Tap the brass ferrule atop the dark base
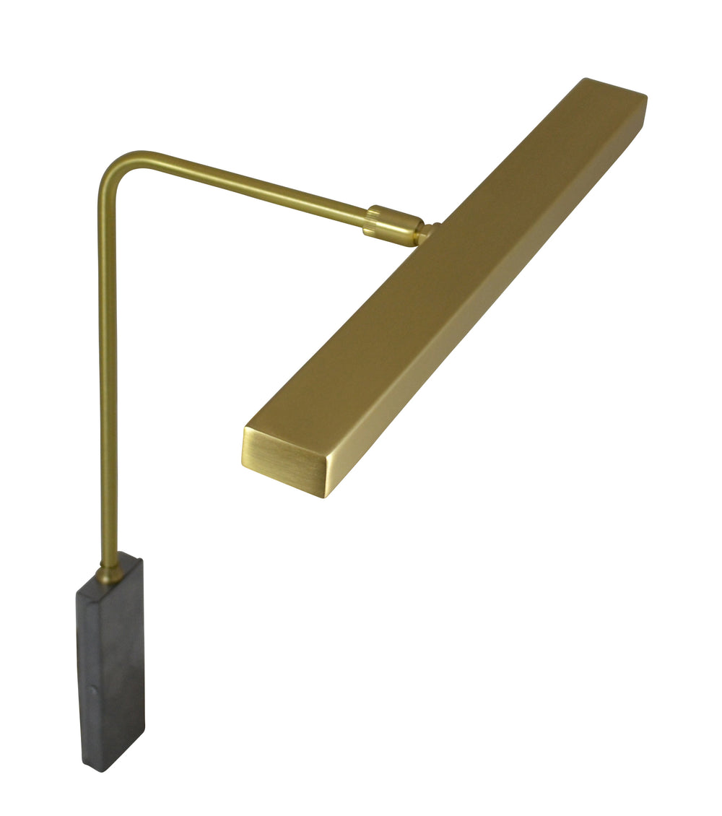coord(110,573)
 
